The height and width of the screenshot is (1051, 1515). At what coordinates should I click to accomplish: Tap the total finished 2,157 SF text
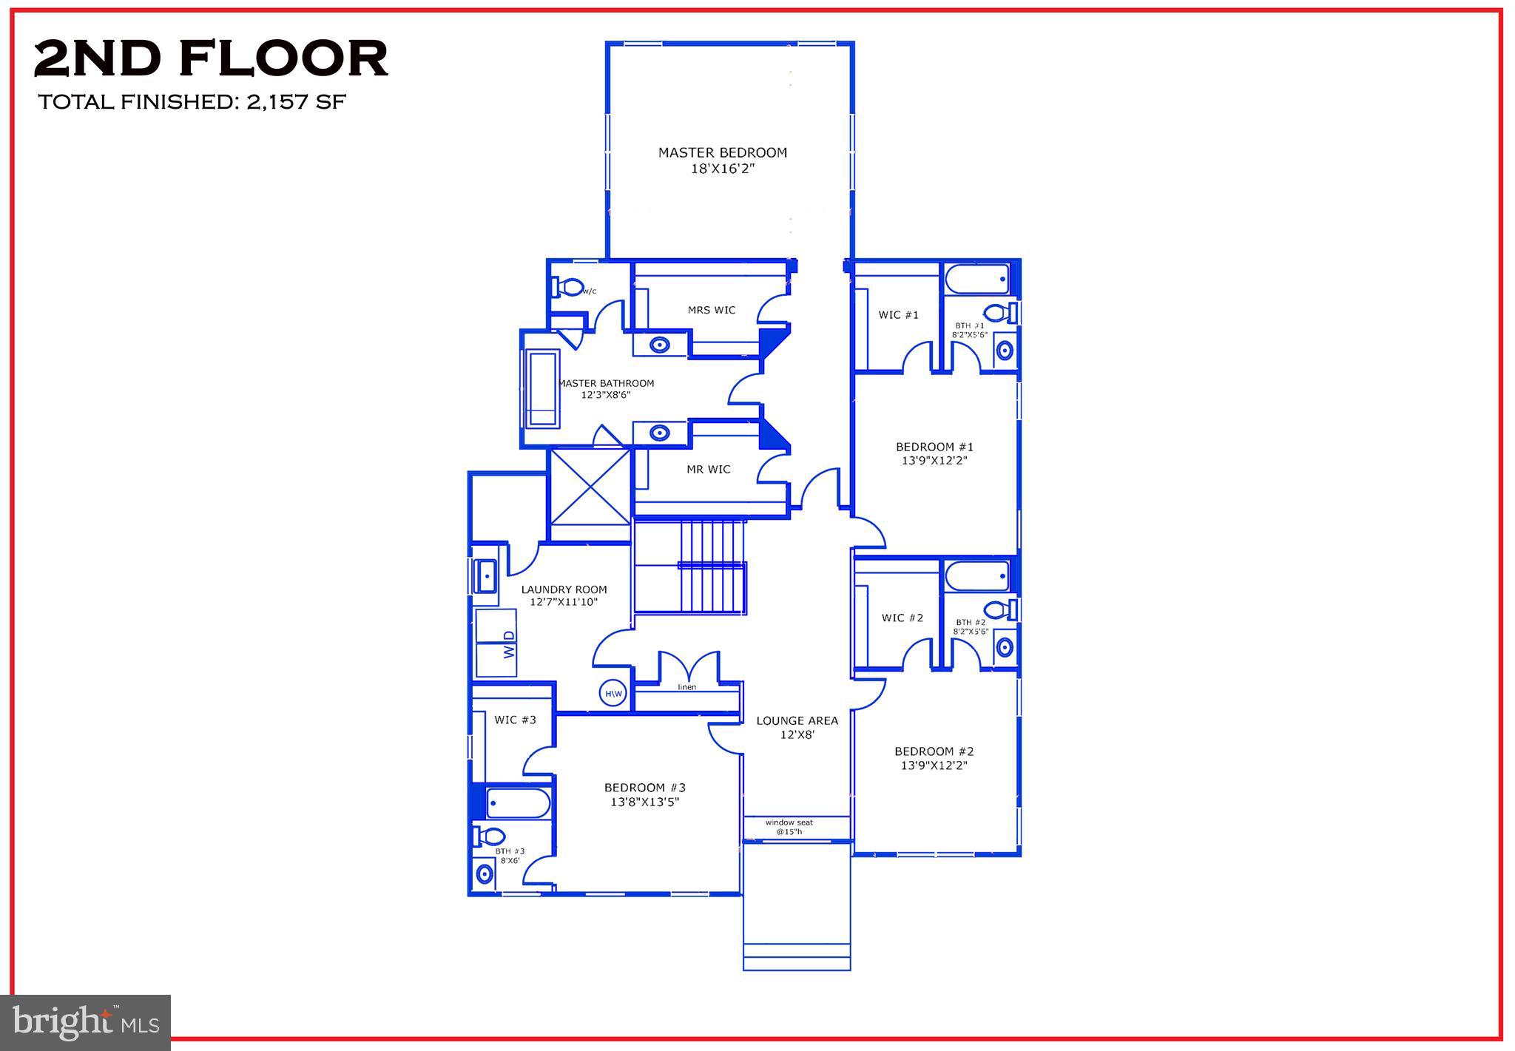[x=192, y=102]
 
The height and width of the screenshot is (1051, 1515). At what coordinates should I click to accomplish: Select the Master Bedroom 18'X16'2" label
[x=722, y=160]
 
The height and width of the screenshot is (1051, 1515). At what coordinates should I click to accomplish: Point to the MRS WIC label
[x=712, y=310]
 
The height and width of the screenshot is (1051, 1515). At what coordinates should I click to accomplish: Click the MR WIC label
[x=708, y=469]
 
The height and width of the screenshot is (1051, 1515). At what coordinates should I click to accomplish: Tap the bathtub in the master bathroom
[x=542, y=389]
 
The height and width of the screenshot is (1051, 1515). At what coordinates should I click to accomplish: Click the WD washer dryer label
[x=509, y=644]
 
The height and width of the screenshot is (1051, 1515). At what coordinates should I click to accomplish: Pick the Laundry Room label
[x=564, y=595]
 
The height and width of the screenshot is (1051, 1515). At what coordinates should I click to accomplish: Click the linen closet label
[x=687, y=687]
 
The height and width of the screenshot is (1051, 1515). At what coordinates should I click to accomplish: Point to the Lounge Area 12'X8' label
[x=797, y=727]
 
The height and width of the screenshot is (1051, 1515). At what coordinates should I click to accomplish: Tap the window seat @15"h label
[x=789, y=827]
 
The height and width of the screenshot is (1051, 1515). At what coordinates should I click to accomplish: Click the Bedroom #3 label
[x=645, y=794]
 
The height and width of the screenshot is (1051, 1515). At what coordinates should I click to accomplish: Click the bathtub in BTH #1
[x=977, y=280]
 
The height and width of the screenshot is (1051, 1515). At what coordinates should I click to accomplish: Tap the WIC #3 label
[x=515, y=720]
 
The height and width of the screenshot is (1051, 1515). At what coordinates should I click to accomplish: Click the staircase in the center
[x=689, y=567]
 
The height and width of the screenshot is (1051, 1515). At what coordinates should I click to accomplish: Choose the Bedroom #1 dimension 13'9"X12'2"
[x=934, y=460]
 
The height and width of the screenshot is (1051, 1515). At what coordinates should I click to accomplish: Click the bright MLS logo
[x=86, y=1023]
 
